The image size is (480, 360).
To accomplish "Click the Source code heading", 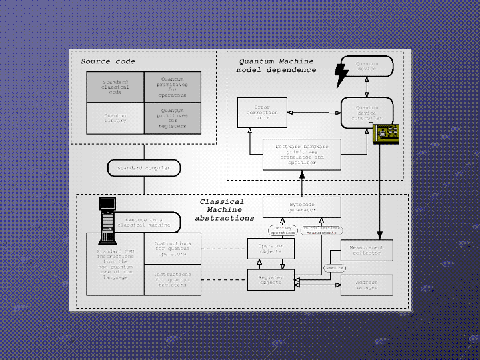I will (x=108, y=61).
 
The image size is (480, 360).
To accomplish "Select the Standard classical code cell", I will (x=115, y=87).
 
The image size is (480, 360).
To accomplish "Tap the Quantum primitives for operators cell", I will (x=172, y=87).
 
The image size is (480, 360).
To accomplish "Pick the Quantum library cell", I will (x=115, y=118).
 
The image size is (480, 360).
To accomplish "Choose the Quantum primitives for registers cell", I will (x=172, y=118).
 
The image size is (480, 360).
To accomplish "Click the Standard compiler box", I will (x=143, y=168).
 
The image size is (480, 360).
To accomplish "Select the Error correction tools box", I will (x=262, y=113).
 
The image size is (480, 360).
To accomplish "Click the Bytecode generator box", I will (x=301, y=207).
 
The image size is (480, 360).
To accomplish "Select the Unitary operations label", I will (x=283, y=231).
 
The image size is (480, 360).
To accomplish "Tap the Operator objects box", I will (x=271, y=249).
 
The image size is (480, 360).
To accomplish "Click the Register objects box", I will (x=271, y=280).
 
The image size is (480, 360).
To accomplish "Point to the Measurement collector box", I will (x=366, y=251).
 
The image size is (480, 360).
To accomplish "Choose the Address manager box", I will (x=366, y=285).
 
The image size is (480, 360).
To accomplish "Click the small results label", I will (x=335, y=268).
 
